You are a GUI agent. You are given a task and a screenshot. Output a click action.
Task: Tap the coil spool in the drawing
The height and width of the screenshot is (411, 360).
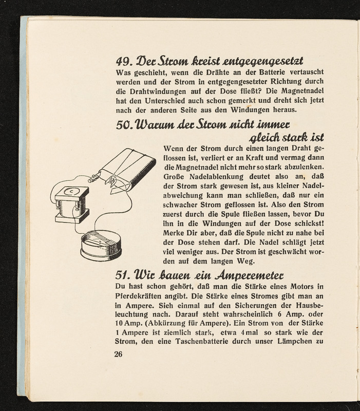[x=71, y=209]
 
